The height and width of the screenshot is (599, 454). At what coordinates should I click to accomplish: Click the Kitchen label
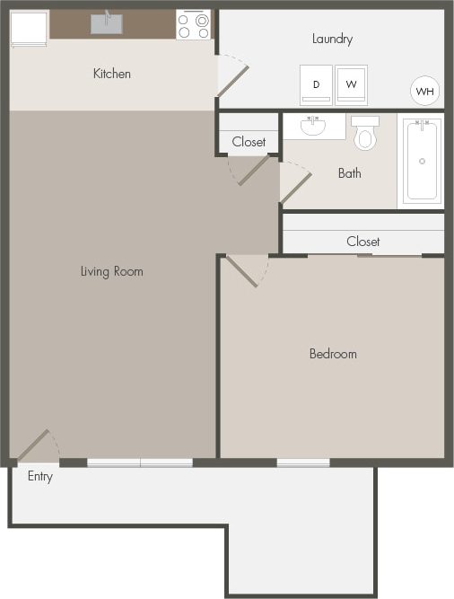pyautogui.click(x=112, y=74)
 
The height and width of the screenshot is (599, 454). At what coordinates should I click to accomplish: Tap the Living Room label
pyautogui.click(x=111, y=271)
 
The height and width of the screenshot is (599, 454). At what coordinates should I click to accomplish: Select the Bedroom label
pyautogui.click(x=333, y=354)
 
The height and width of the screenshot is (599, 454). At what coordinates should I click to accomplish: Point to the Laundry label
pyautogui.click(x=332, y=39)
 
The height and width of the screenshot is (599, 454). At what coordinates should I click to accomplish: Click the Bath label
pyautogui.click(x=350, y=173)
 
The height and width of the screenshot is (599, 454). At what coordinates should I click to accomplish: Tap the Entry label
pyautogui.click(x=40, y=476)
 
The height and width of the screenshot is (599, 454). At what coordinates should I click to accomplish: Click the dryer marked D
pyautogui.click(x=316, y=85)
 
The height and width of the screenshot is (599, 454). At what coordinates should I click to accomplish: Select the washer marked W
pyautogui.click(x=351, y=85)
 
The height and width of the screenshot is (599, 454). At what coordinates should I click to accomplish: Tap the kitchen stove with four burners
pyautogui.click(x=193, y=24)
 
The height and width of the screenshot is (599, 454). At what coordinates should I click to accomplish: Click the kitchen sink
pyautogui.click(x=107, y=22)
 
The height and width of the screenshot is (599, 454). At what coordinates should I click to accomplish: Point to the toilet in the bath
pyautogui.click(x=365, y=134)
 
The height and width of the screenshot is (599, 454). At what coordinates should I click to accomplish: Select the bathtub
pyautogui.click(x=423, y=161)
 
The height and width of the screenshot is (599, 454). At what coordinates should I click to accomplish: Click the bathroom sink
pyautogui.click(x=313, y=126)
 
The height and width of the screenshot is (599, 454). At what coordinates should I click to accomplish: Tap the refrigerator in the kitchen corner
pyautogui.click(x=29, y=27)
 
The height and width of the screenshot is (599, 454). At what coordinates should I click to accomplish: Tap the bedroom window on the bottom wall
pyautogui.click(x=302, y=462)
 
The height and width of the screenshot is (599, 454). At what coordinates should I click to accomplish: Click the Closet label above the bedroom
pyautogui.click(x=363, y=242)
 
